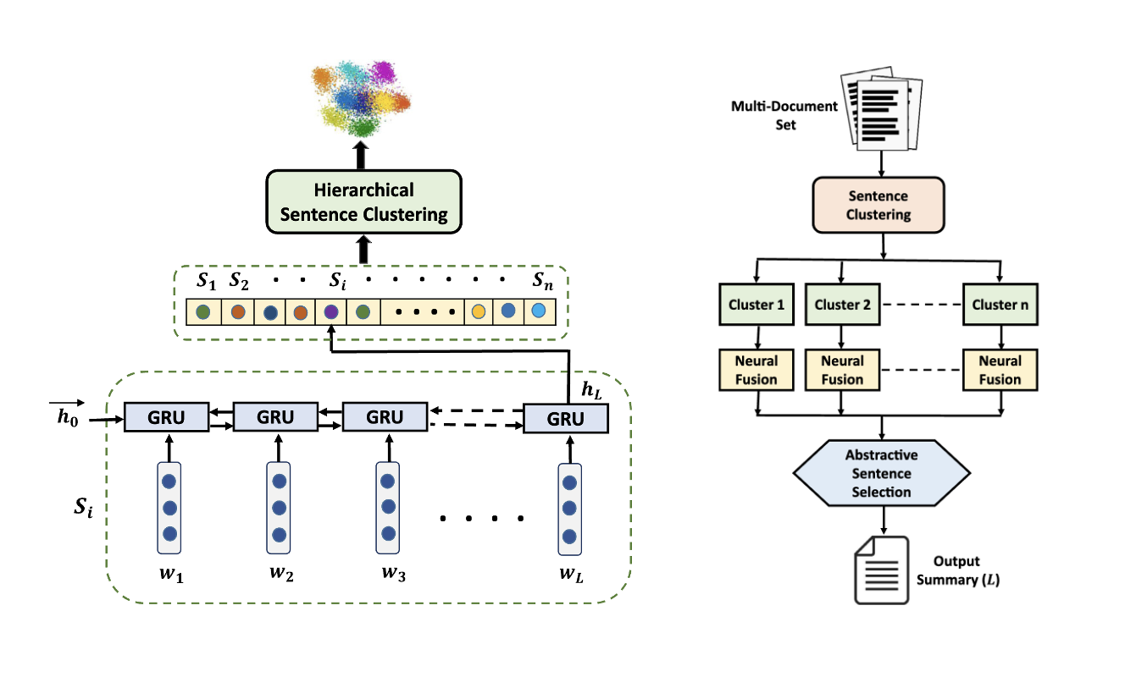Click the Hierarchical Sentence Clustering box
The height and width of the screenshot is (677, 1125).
click(364, 201)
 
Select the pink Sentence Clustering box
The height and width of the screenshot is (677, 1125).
click(878, 206)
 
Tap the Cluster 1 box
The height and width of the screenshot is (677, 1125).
click(756, 305)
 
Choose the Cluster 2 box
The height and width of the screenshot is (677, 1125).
click(841, 305)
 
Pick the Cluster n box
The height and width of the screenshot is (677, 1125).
click(1000, 305)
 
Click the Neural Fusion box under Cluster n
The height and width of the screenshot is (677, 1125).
click(1000, 370)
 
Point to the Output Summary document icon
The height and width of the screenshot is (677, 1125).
click(881, 570)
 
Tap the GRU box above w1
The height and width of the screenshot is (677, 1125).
click(166, 417)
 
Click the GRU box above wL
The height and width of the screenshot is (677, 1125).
click(565, 419)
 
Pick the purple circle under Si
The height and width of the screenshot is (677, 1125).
click(330, 312)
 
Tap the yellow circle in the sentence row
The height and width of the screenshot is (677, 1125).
click(479, 312)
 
